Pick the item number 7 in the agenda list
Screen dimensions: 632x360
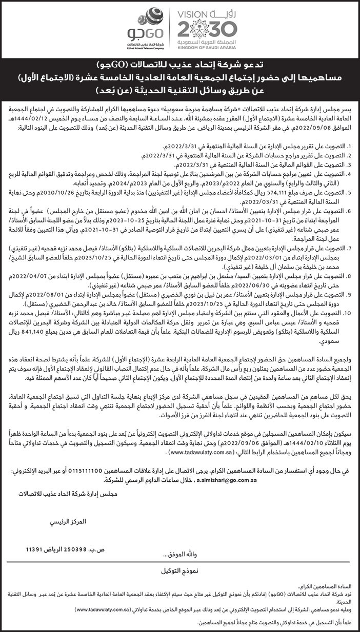coord(348,247)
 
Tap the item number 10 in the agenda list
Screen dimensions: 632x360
coord(347,312)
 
